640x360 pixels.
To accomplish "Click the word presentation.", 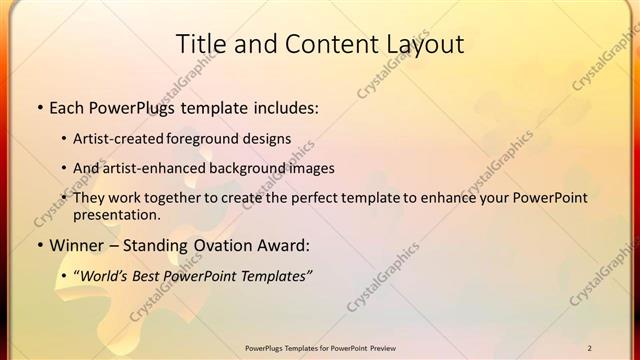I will click(116, 215).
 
